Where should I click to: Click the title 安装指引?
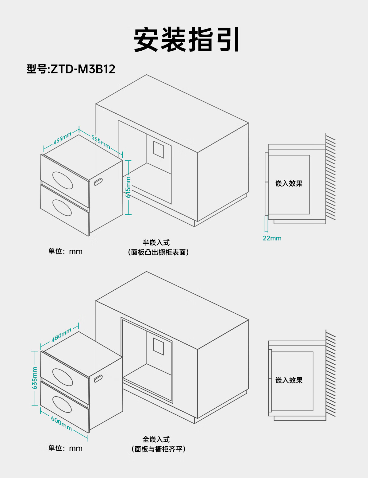tap(186, 40)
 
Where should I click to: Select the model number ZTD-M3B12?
tap(83, 69)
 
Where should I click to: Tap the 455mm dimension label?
tap(62, 139)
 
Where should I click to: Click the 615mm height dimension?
tap(128, 187)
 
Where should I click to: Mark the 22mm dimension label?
tap(272, 238)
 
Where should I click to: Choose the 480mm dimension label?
tap(61, 335)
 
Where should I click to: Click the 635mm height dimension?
tap(35, 378)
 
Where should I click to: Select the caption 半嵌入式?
tap(156, 243)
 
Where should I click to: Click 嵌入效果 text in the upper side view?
tap(289, 184)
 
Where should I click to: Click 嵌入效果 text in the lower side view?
tap(289, 380)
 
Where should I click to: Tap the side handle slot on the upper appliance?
tap(98, 182)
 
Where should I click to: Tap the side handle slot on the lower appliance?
tap(98, 378)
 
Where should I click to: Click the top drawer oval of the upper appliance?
tap(63, 180)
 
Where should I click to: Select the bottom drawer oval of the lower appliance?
tap(62, 405)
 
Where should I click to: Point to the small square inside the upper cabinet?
tap(159, 150)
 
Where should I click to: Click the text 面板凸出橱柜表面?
tap(158, 252)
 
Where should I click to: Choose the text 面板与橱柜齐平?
tap(158, 449)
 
